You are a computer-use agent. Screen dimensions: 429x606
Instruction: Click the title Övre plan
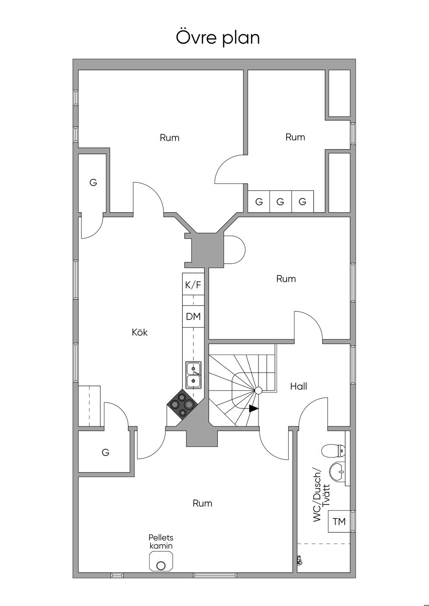[x=218, y=37]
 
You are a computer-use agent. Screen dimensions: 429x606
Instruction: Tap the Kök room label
[x=140, y=332]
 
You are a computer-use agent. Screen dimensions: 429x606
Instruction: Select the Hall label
[x=298, y=386]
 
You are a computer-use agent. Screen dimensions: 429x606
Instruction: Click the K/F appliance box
[x=193, y=284]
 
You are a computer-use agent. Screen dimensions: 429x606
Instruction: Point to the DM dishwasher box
[x=193, y=316]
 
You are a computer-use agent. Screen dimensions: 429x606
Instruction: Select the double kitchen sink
[x=193, y=375]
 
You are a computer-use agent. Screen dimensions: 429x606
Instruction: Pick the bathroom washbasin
[x=337, y=472]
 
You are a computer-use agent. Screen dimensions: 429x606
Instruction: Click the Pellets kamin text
[x=161, y=542]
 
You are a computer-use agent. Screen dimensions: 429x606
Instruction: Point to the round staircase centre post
[x=258, y=390]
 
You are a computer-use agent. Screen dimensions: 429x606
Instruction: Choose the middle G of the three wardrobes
[x=280, y=202]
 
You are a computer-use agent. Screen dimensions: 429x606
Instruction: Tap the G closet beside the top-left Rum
[x=93, y=182]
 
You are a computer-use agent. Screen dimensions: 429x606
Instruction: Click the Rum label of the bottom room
[x=202, y=503]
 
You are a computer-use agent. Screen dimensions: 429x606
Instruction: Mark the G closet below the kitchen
[x=105, y=452]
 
